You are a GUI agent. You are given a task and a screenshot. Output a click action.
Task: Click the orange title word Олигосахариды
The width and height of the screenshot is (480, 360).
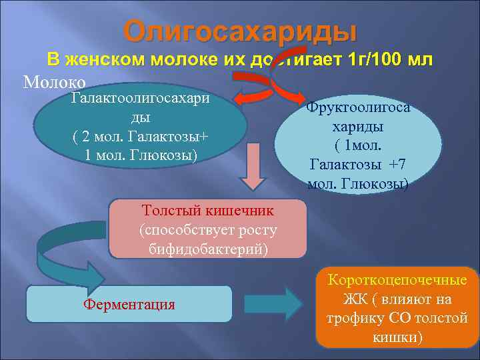click(240, 31)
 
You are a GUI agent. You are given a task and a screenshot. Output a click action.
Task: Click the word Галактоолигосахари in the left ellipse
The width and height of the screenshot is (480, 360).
click(140, 99)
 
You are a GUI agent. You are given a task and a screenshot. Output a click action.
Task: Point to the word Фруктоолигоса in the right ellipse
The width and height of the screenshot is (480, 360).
click(358, 107)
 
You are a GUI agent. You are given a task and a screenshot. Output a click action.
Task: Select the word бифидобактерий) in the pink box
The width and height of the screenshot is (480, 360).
click(208, 249)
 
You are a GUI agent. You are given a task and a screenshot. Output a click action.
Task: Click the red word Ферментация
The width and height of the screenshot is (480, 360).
click(129, 305)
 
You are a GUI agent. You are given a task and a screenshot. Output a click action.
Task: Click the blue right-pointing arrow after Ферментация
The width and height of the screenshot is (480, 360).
click(273, 303)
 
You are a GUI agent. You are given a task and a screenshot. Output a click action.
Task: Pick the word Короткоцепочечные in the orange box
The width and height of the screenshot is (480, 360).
click(397, 281)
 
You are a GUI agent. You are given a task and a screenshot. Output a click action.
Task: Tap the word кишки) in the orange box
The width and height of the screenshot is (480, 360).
click(397, 337)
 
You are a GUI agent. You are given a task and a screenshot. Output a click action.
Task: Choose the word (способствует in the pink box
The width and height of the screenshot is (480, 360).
click(208, 230)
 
